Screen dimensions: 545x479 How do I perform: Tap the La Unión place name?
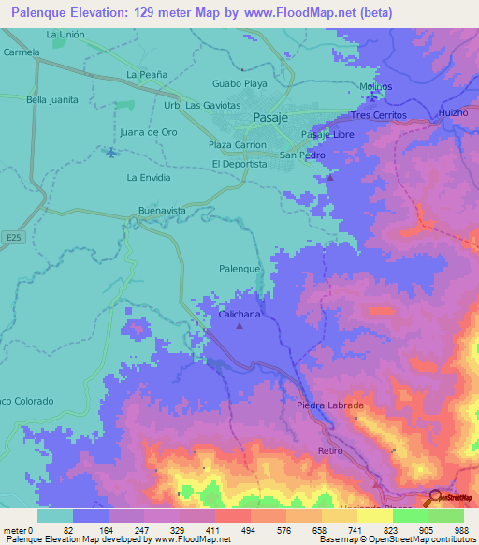pos(65,35)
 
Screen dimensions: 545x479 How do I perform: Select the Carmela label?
pos(21,52)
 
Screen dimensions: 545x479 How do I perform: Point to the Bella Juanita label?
pos(51,99)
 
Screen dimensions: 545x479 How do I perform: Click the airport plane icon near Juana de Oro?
pos(113,152)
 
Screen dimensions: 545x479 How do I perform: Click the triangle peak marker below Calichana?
pos(239,327)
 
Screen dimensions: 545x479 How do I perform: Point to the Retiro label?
pos(330,450)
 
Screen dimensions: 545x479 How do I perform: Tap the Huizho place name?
pos(453,114)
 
